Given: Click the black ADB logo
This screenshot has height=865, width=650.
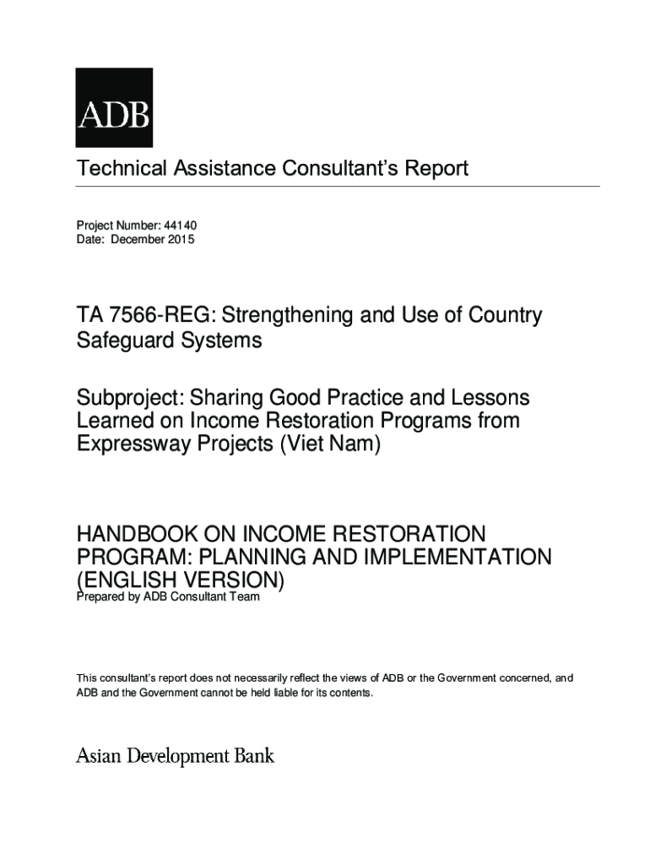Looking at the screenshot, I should [x=114, y=108].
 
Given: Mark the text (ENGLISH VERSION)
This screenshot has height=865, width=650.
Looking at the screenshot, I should [x=181, y=580].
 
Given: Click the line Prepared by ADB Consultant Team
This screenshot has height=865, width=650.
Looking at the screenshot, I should [x=168, y=597].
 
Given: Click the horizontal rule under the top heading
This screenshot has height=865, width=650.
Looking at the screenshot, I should [x=338, y=186].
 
